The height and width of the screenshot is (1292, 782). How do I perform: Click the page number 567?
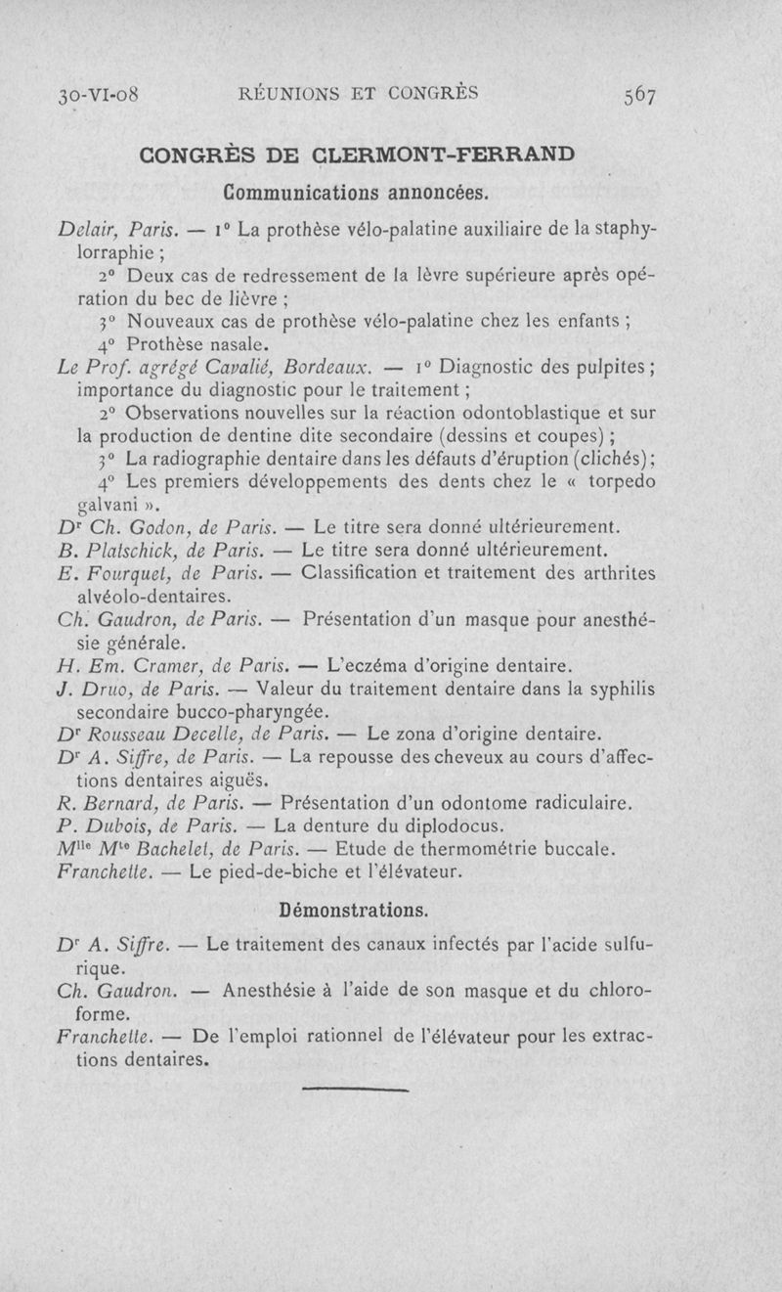click(636, 95)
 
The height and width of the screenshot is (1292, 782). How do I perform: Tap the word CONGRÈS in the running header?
click(431, 94)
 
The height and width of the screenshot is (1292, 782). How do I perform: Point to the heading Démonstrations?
click(354, 911)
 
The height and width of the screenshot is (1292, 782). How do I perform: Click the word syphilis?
click(618, 690)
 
